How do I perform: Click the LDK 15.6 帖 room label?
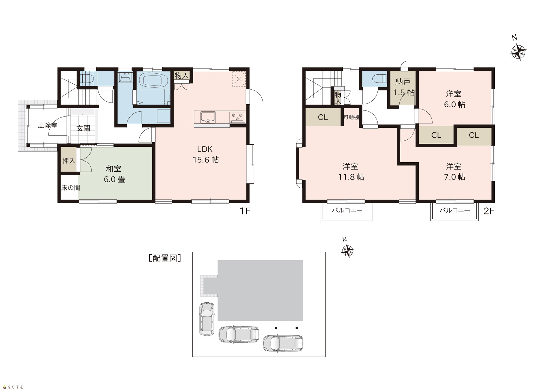tap(206, 154)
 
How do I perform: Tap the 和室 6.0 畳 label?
tap(114, 174)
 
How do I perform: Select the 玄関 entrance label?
tap(83, 128)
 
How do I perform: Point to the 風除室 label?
tap(48, 125)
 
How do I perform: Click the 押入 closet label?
tap(69, 160)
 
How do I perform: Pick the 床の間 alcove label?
tap(71, 188)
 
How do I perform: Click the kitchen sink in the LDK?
tap(208, 117)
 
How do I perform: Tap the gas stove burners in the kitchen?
tap(237, 117)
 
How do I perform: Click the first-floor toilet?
tap(87, 78)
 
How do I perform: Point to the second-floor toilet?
tap(380, 79)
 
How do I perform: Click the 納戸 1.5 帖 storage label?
tap(403, 87)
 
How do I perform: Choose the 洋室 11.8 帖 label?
tap(351, 172)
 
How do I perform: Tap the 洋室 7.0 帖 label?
tap(454, 172)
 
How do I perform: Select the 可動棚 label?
tap(351, 117)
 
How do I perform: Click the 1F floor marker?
tap(245, 211)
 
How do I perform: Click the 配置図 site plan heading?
tap(165, 258)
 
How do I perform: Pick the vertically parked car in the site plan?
tap(207, 318)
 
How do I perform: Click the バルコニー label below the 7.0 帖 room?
tap(454, 210)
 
